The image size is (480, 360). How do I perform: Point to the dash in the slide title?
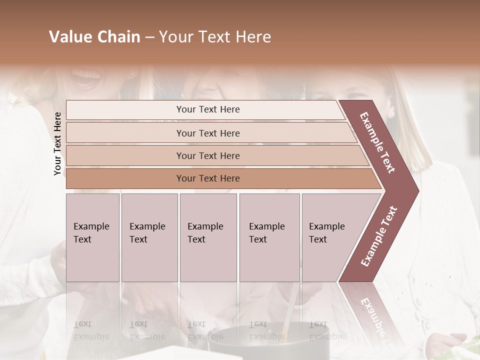(x=149, y=37)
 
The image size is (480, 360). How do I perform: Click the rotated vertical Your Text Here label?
(x=58, y=144)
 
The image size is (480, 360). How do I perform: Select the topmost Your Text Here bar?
(x=208, y=109)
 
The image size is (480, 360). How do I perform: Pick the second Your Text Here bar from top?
(x=208, y=133)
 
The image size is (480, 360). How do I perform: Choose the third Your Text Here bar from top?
(x=208, y=155)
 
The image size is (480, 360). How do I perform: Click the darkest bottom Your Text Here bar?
(x=208, y=178)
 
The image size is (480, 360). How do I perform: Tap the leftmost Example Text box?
(x=92, y=237)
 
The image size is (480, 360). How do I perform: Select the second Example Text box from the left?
(x=149, y=237)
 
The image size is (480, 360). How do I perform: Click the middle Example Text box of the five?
(x=208, y=237)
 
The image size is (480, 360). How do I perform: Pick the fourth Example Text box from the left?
(x=269, y=237)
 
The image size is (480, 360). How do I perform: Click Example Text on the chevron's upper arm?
(x=378, y=142)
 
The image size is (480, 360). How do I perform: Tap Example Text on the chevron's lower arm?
(x=379, y=236)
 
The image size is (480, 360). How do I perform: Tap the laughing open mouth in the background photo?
(x=87, y=78)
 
